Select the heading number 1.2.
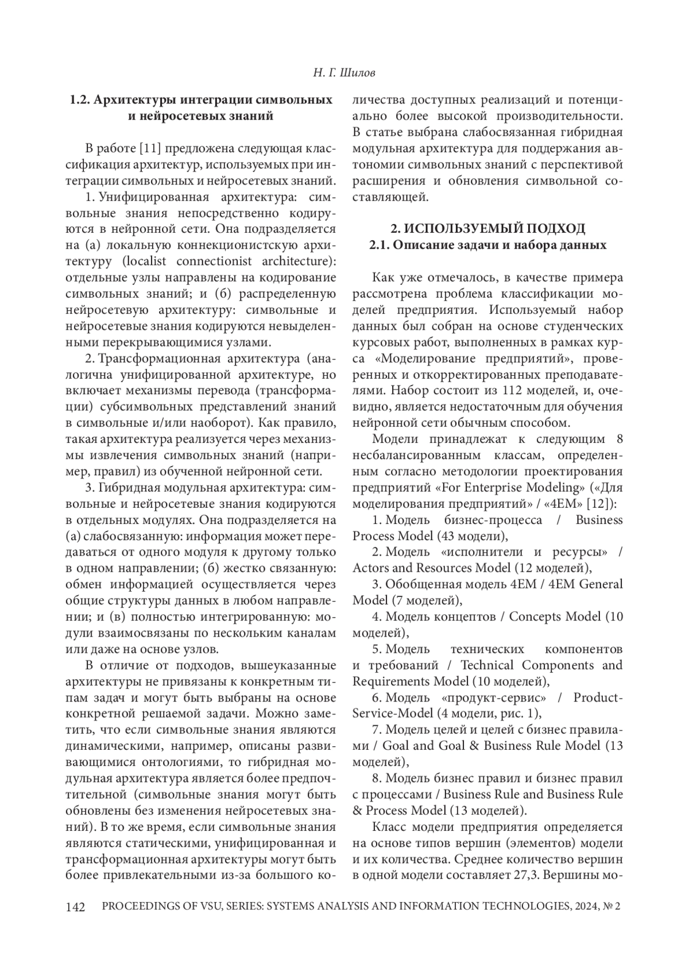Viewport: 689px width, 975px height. pyautogui.click(x=80, y=100)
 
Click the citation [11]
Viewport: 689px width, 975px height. pyautogui.click(x=149, y=148)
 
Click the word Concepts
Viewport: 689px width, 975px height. pyautogui.click(x=537, y=616)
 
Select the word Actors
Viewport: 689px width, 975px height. pyautogui.click(x=371, y=568)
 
